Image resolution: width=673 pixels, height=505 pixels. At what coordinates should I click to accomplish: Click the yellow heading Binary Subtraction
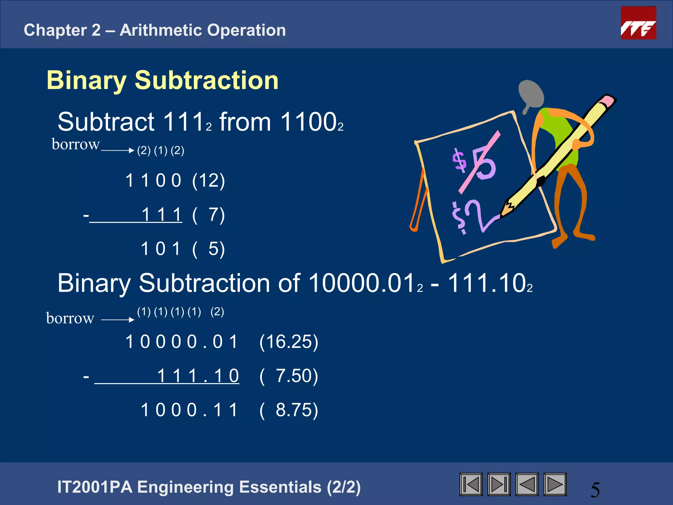163,80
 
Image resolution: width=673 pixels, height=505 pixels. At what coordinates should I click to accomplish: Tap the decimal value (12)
208,180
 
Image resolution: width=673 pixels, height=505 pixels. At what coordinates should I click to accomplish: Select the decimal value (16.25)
289,342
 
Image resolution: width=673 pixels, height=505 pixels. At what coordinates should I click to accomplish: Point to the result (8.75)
289,410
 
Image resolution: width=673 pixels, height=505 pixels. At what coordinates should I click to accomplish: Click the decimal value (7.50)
289,376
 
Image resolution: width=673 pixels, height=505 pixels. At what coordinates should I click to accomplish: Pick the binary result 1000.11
189,410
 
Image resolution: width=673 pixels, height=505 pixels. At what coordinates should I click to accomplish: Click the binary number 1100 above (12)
153,180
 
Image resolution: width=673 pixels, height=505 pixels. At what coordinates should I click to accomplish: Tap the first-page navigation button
471,484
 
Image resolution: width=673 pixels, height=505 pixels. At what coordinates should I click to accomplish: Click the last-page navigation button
499,484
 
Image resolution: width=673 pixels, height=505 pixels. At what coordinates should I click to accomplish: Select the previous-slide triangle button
527,484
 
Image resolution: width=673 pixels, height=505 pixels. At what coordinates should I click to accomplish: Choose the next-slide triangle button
555,484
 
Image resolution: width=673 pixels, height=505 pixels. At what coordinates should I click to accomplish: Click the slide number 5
595,490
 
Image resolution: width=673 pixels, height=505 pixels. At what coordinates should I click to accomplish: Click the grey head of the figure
530,94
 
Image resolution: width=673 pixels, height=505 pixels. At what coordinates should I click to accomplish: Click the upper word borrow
76,144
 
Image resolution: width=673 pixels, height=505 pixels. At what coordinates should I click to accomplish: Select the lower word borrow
70,318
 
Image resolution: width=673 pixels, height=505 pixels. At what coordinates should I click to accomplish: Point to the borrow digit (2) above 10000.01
217,312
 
